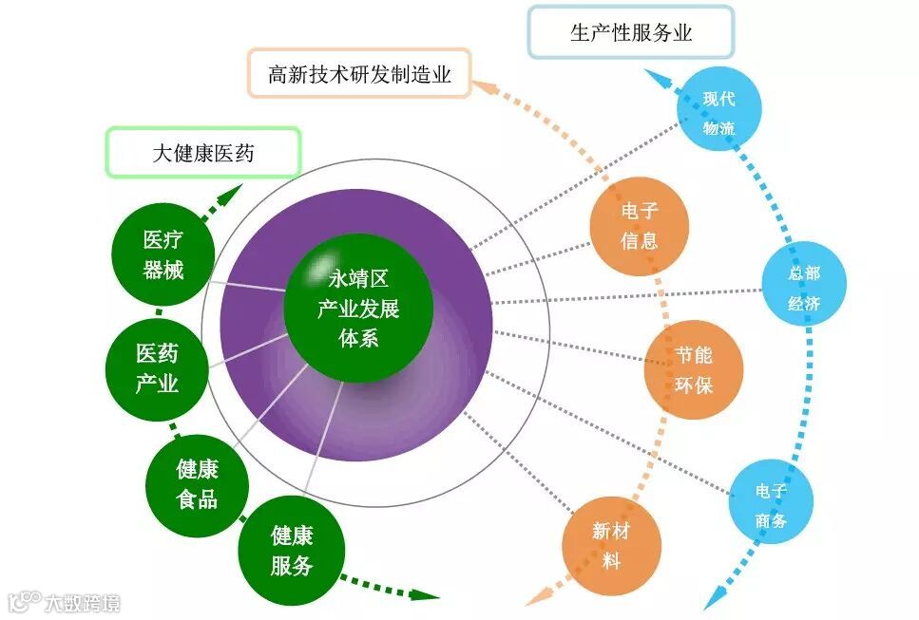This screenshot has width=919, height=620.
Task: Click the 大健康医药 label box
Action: [x=203, y=152]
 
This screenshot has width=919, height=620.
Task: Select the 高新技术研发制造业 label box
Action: [x=359, y=73]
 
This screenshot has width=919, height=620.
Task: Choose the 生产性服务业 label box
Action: [x=631, y=33]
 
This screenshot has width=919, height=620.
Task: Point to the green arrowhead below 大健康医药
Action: [x=228, y=194]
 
